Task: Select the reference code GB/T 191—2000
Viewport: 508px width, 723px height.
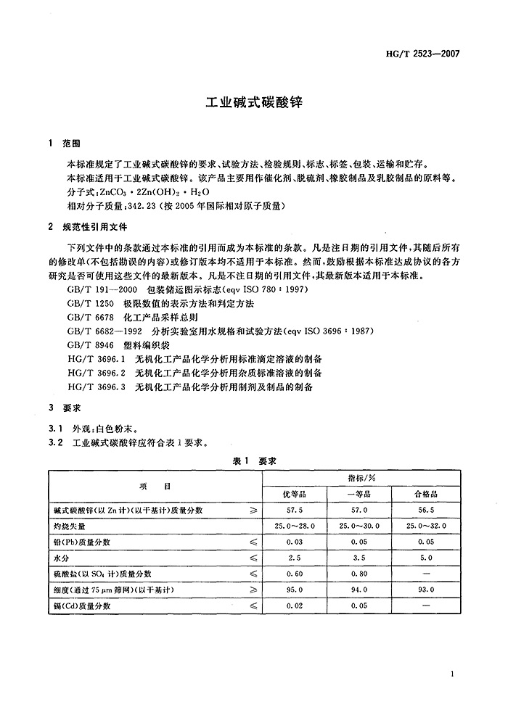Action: click(x=96, y=289)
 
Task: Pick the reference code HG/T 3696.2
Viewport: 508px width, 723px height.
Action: click(x=96, y=373)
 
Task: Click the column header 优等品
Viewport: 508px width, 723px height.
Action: click(x=290, y=494)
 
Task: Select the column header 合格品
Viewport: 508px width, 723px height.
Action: click(x=425, y=494)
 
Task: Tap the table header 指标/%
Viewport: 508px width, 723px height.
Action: click(x=359, y=478)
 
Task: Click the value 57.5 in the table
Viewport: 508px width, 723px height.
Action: click(x=290, y=511)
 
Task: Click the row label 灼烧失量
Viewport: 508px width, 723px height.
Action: click(x=70, y=526)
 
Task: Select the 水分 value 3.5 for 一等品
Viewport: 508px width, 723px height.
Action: click(x=359, y=558)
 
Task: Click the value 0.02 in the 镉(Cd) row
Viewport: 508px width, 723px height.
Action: click(x=290, y=606)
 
